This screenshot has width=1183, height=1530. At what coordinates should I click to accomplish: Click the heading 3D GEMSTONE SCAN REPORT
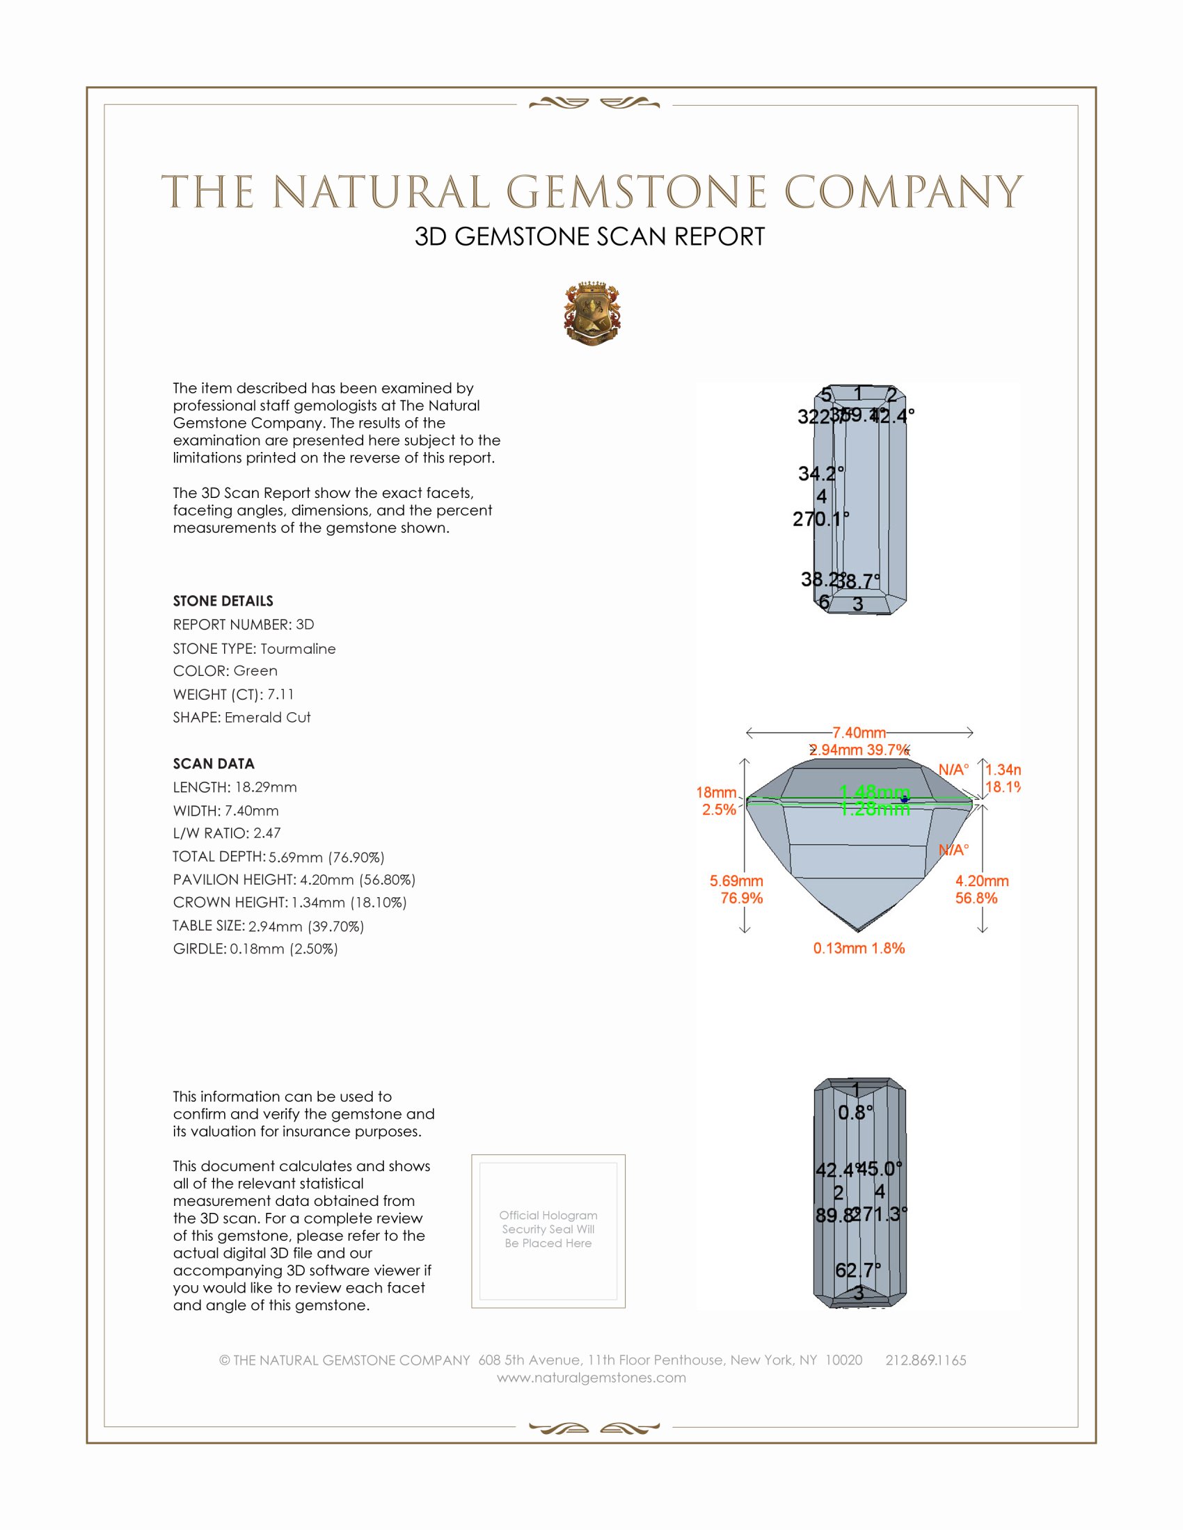tap(589, 236)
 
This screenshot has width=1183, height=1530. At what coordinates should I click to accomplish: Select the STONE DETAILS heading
tap(223, 601)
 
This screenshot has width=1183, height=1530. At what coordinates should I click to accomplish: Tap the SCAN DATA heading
tap(214, 764)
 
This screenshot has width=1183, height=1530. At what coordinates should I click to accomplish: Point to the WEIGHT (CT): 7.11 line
tap(233, 694)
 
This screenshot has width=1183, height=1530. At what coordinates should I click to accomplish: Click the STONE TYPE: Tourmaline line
tap(255, 649)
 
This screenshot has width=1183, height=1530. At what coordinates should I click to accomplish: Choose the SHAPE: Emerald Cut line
tap(241, 718)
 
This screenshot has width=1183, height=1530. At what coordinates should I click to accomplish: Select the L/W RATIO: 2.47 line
tap(226, 833)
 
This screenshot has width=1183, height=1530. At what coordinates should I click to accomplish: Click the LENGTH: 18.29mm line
tap(235, 787)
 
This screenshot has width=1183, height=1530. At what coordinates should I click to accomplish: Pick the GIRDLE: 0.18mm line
tap(255, 949)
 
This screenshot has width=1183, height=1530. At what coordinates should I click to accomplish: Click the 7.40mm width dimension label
tap(859, 733)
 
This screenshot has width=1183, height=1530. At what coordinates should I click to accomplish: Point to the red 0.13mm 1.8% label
tap(859, 949)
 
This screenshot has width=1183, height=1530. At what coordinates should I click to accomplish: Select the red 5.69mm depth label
tap(736, 881)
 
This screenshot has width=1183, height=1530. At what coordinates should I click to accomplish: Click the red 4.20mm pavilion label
tap(982, 881)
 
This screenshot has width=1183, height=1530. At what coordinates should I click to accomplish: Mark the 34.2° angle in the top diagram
tap(820, 474)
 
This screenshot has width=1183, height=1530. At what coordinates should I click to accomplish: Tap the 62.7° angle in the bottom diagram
tap(857, 1269)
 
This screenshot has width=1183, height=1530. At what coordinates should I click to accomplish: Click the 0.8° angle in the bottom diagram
tap(855, 1113)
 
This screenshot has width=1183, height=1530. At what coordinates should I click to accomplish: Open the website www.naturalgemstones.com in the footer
tap(591, 1377)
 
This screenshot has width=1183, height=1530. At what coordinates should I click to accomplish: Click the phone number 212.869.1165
tap(925, 1360)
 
